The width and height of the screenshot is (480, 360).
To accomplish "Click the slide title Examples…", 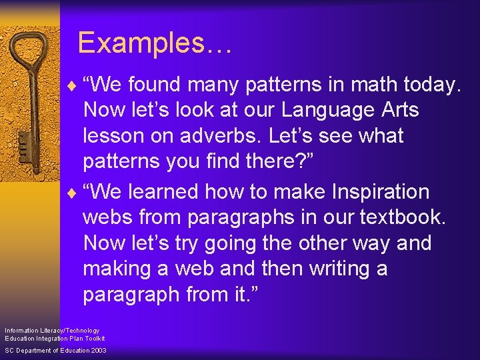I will point(155,43).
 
